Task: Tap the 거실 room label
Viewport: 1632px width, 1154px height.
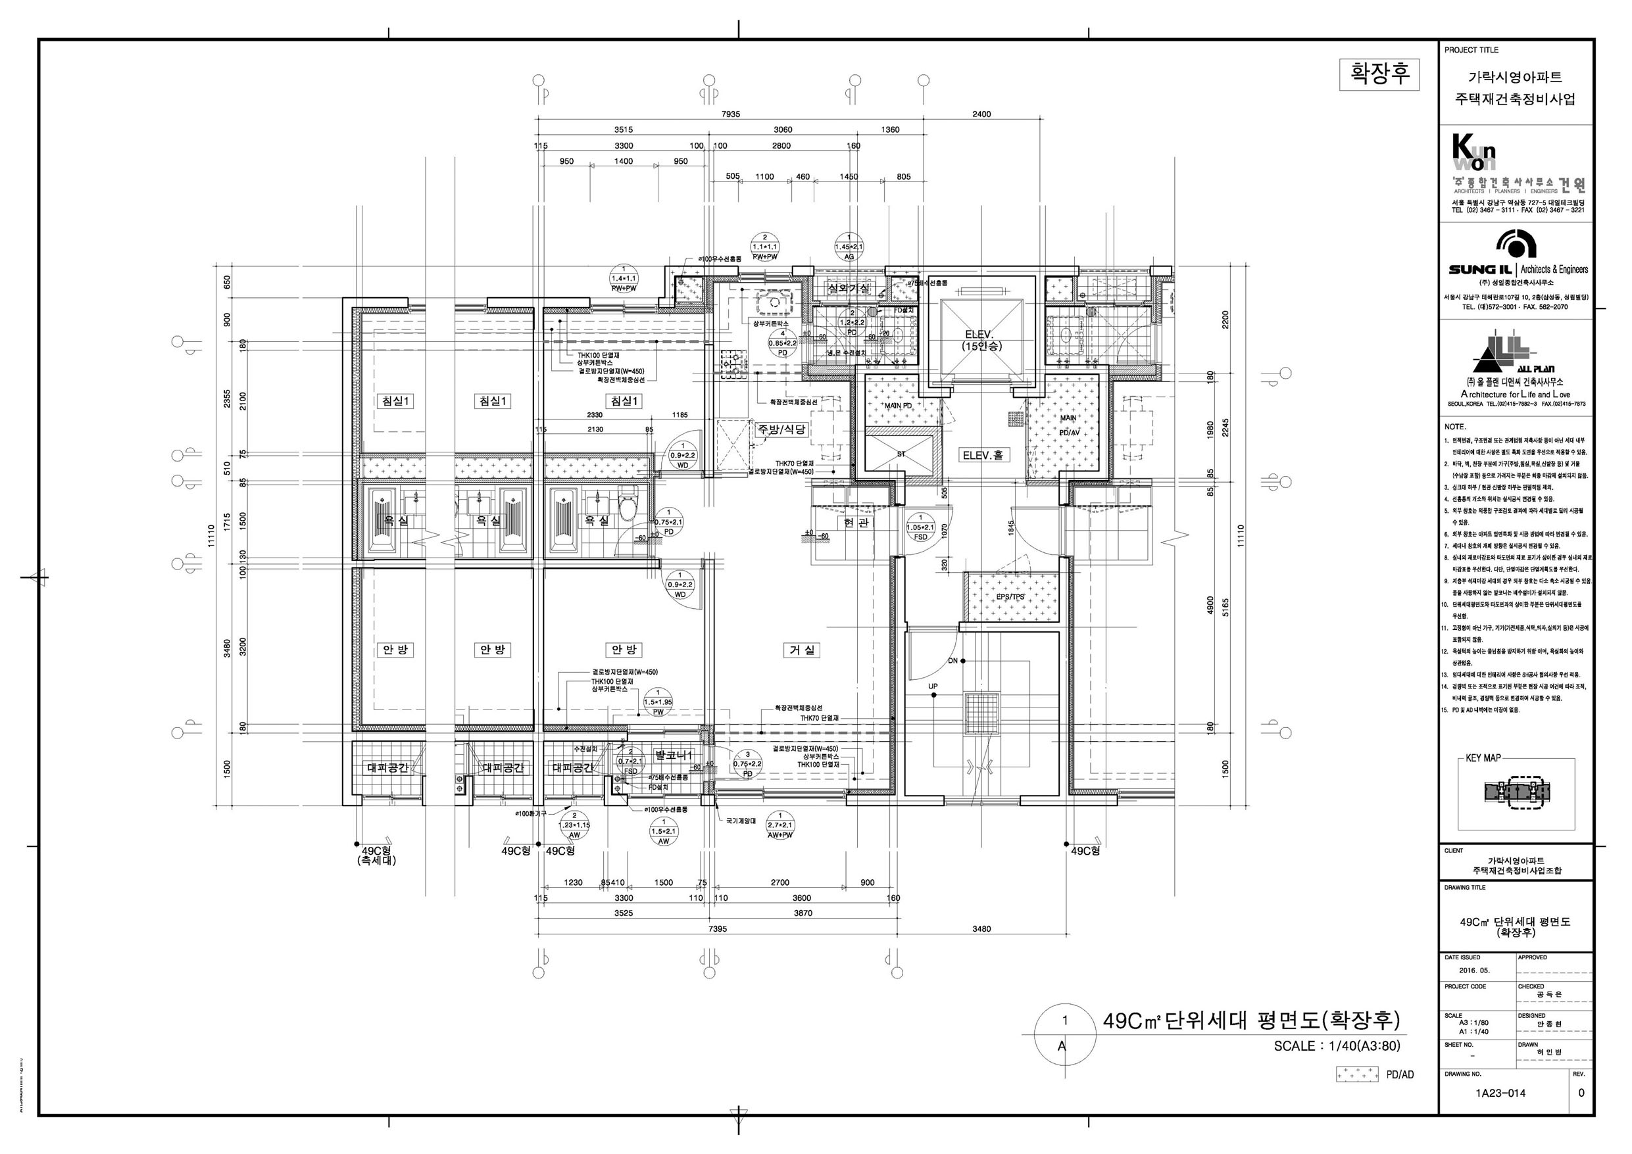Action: (802, 650)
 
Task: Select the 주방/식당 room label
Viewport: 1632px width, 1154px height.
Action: (781, 429)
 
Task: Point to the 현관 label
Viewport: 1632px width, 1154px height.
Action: (856, 522)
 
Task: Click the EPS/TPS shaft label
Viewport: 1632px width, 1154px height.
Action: (1010, 597)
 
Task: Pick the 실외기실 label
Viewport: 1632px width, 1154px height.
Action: (849, 289)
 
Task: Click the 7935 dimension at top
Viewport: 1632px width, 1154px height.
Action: (731, 114)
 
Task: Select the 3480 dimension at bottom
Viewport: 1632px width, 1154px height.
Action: (981, 928)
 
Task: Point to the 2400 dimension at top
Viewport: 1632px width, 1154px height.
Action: (981, 114)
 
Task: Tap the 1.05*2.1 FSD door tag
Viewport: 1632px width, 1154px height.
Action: (920, 528)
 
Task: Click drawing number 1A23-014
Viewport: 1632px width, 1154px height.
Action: (1500, 1092)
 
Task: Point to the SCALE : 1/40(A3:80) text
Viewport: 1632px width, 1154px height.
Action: (1336, 1046)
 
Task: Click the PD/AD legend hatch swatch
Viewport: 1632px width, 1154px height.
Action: (1356, 1074)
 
